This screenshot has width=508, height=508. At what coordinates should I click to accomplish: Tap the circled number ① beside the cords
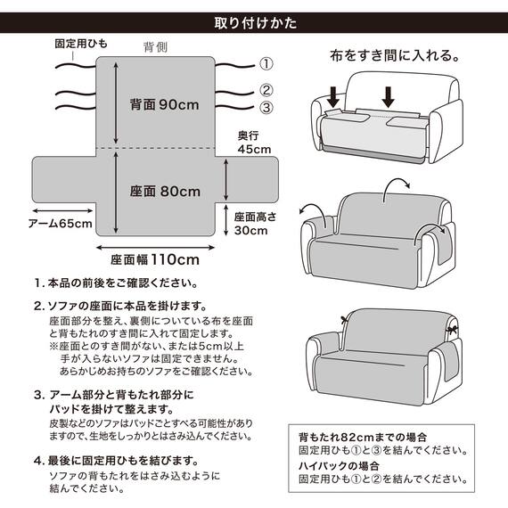(266, 64)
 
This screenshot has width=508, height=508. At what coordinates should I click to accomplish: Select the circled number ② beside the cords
(266, 90)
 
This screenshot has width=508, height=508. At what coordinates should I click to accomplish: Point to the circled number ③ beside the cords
(266, 109)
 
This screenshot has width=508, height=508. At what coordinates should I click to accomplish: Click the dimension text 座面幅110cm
(157, 260)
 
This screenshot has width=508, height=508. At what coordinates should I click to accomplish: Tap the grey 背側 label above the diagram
(156, 46)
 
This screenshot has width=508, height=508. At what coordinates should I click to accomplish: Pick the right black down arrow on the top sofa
(389, 94)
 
